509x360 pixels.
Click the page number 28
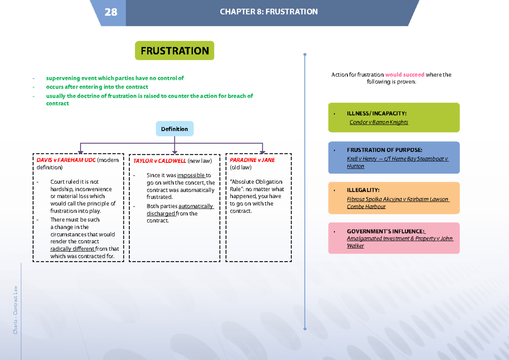click(111, 12)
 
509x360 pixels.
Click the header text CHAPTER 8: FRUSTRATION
click(268, 12)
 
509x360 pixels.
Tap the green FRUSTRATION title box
click(174, 51)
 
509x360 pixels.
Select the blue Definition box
click(174, 129)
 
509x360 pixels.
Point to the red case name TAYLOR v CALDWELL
click(159, 161)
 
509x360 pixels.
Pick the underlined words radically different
click(72, 249)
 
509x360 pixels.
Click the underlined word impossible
click(191, 175)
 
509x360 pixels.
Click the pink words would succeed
click(405, 75)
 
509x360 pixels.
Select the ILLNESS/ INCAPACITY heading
click(377, 113)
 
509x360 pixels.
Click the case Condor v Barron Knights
click(379, 122)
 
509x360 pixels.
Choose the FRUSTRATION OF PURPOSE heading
click(384, 150)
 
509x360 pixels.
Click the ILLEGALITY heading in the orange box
click(363, 190)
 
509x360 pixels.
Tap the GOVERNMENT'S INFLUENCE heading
click(386, 231)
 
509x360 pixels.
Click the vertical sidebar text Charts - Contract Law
click(15, 309)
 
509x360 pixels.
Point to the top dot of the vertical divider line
click(305, 55)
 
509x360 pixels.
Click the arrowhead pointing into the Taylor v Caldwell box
click(174, 152)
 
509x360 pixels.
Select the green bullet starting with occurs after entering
click(97, 87)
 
